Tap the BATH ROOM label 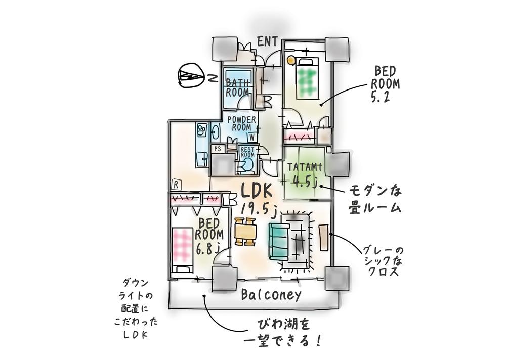coord(237,87)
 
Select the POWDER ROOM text coord(242,123)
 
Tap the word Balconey coord(271,295)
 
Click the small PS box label coord(218,149)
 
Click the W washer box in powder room coord(251,137)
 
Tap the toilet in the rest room coord(248,166)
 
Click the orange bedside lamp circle coord(290,60)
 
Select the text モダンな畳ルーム coord(375,199)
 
